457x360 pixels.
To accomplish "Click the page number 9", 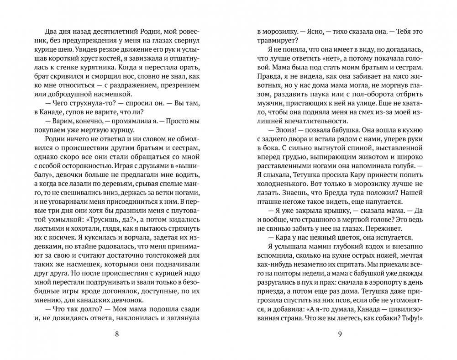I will (x=339, y=334).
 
